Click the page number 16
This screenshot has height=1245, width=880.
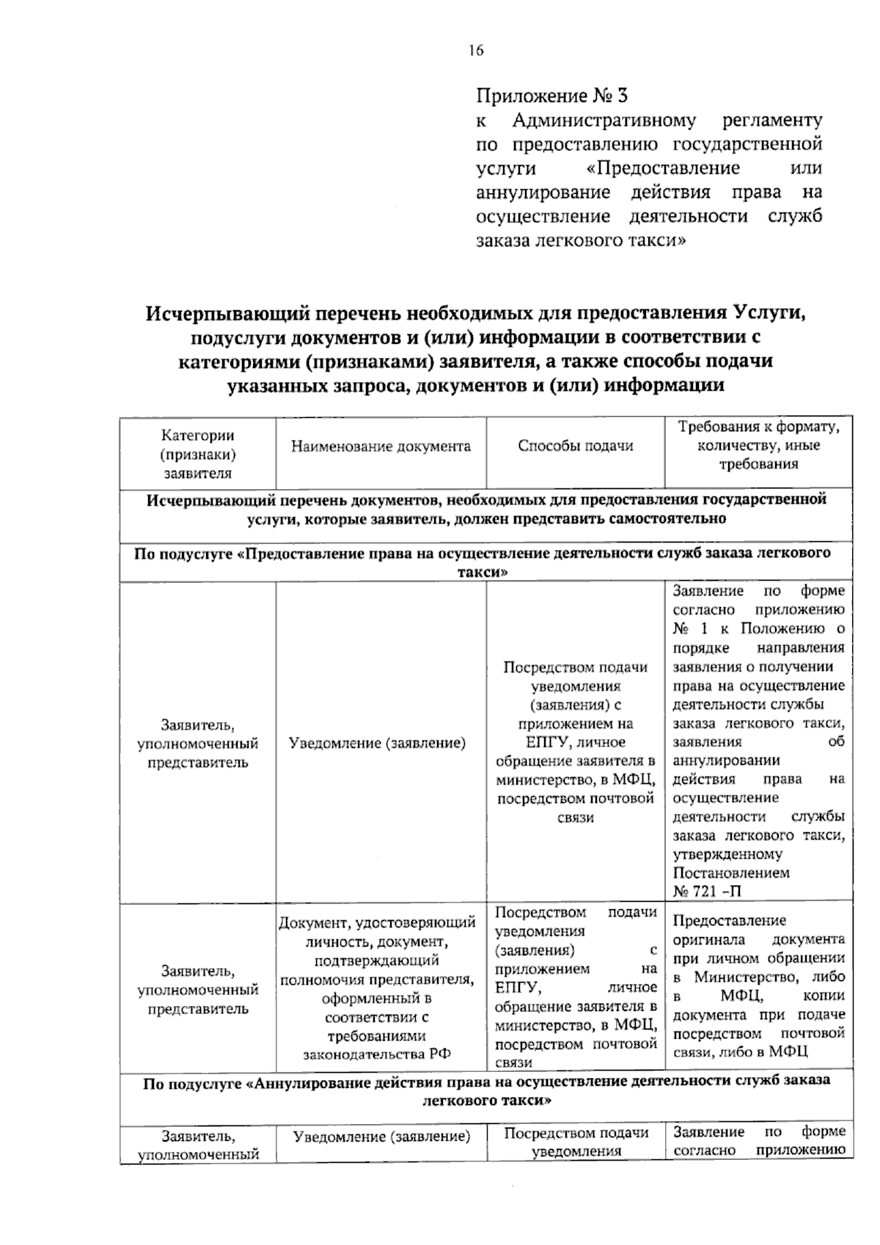(x=475, y=51)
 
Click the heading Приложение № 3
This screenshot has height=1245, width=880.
(x=552, y=96)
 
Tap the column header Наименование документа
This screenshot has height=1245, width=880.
(x=381, y=447)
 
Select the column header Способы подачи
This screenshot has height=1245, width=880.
(x=575, y=447)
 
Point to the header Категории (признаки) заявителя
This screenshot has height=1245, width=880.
(x=198, y=455)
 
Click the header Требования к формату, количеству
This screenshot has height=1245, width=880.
(x=758, y=445)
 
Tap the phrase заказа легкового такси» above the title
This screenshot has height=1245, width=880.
(x=581, y=240)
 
